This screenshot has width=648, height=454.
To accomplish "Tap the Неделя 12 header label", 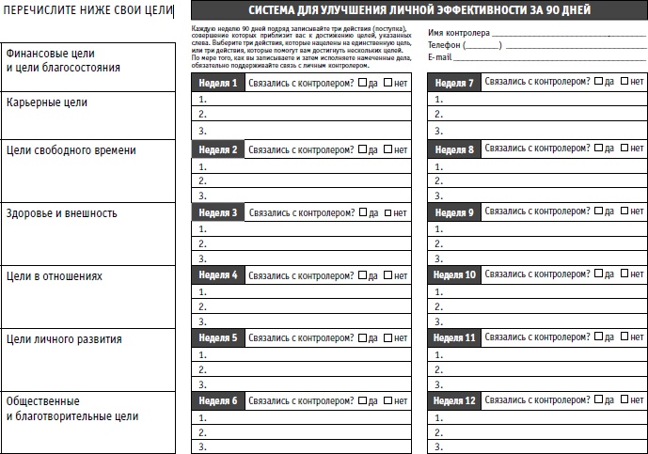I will (x=456, y=401).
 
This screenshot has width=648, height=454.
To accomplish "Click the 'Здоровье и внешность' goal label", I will (x=61, y=213).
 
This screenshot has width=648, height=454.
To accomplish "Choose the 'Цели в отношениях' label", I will (x=54, y=276).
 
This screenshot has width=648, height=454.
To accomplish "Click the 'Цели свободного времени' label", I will (x=71, y=150).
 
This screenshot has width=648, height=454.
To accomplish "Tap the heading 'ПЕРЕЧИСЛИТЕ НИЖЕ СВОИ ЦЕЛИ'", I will (x=87, y=10).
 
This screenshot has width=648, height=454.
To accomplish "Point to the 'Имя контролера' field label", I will (x=458, y=33).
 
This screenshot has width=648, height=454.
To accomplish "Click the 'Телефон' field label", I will (x=445, y=45).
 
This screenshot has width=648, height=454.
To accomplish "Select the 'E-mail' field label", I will (x=439, y=57).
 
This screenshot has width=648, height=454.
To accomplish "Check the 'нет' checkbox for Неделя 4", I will (x=388, y=276).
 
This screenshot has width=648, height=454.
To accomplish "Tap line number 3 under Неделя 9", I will (x=438, y=258).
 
